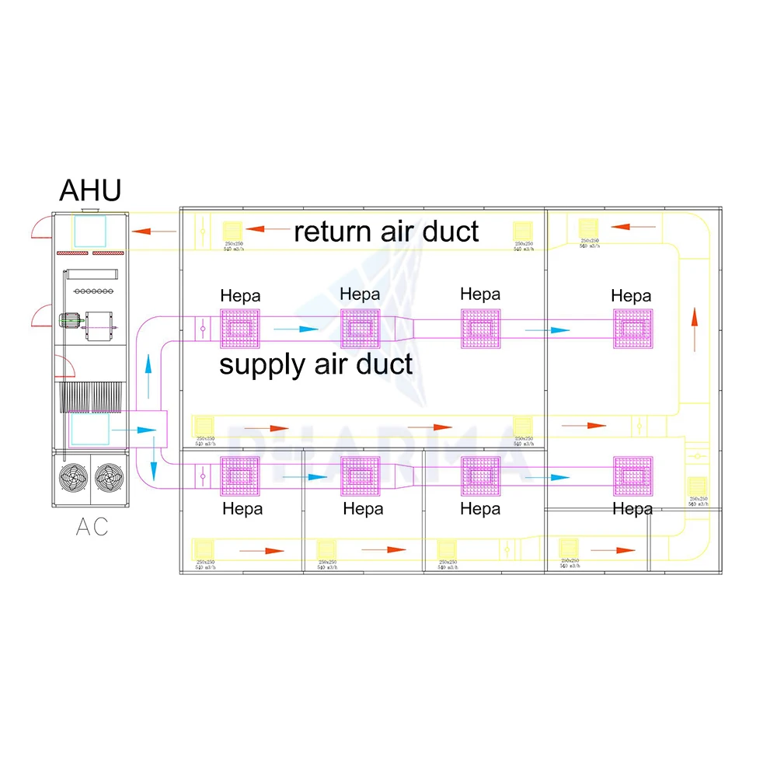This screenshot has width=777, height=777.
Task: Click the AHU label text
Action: tap(90, 190)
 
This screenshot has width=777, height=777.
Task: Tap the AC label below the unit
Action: tap(92, 527)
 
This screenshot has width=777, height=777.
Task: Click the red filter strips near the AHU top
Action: tap(91, 253)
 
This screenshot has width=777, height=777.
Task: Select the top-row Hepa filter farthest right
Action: tap(632, 329)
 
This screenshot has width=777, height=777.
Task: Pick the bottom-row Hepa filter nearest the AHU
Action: tap(240, 476)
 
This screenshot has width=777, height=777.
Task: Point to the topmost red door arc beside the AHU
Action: tap(42, 226)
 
